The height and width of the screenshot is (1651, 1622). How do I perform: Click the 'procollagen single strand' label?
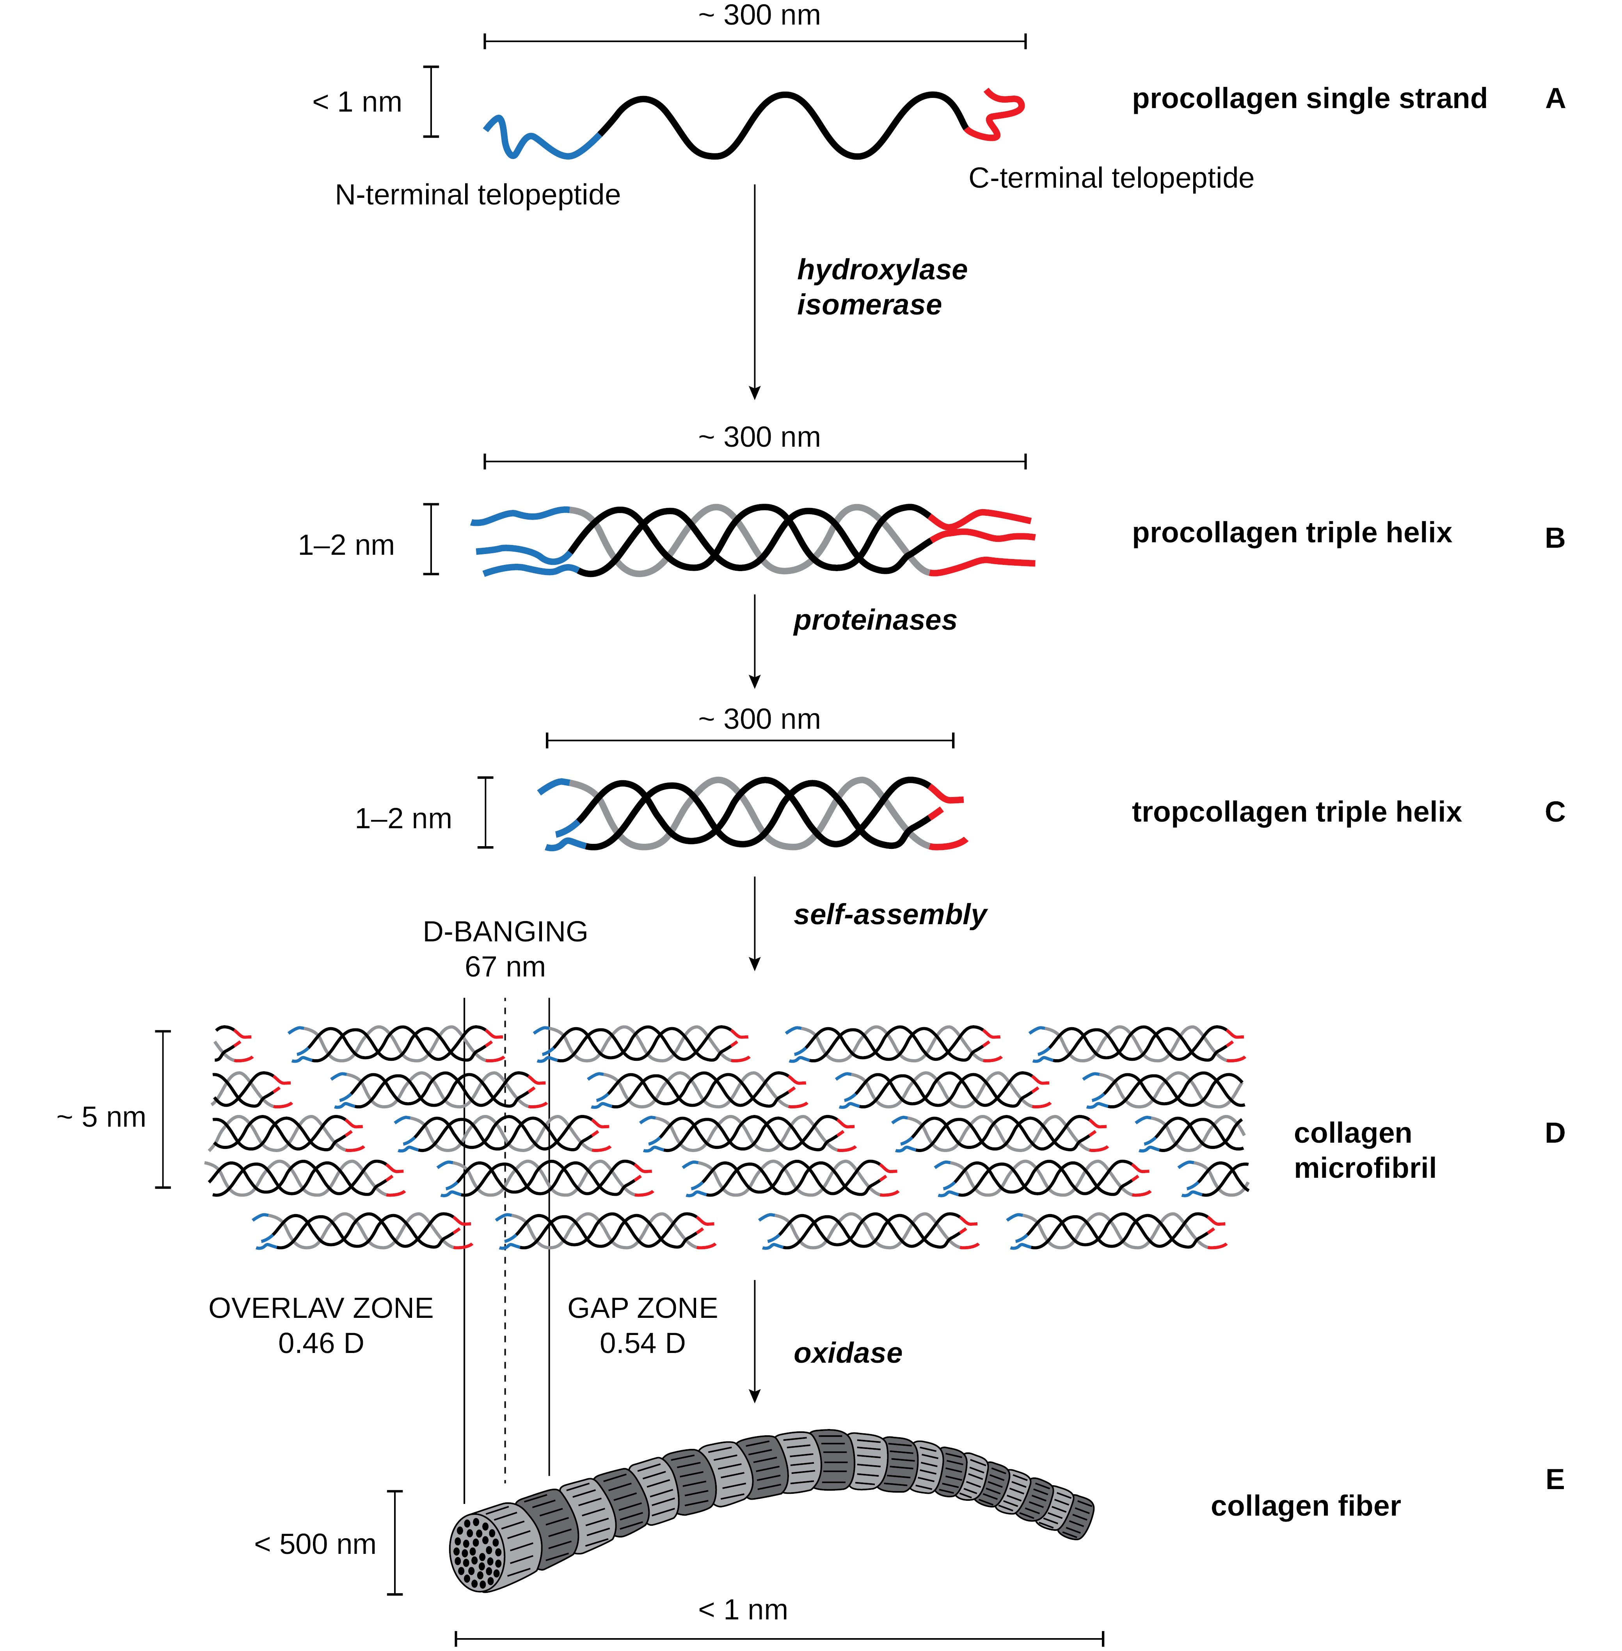coord(1309,99)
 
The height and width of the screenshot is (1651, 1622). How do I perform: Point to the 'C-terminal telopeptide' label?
coord(1111,178)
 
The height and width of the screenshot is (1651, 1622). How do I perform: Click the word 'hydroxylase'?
coord(882,270)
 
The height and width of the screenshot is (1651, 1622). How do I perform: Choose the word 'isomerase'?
coord(869,305)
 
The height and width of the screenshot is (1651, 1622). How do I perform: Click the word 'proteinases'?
coord(875,620)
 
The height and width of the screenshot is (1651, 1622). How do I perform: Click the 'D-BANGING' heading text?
coord(505,932)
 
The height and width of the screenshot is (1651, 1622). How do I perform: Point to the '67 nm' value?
coord(505,967)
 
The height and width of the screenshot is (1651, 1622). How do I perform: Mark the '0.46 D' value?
coord(321,1344)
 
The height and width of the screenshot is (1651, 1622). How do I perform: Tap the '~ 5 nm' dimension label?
coord(101,1117)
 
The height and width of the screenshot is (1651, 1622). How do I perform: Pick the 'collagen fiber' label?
coord(1305,1506)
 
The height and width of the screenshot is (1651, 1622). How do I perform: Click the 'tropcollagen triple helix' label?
coord(1296,812)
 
